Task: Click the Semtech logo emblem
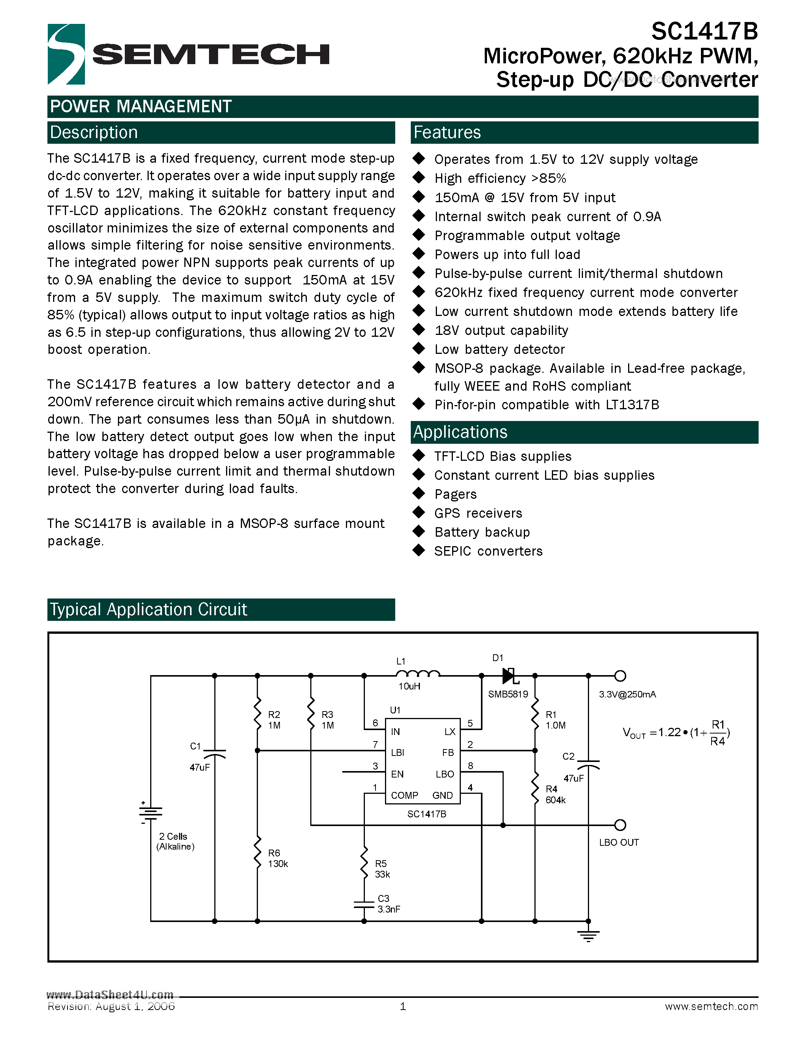coord(66,54)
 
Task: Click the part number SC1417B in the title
coord(704,32)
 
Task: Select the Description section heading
coord(94,132)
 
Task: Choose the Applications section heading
coord(460,432)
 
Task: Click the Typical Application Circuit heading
coord(149,609)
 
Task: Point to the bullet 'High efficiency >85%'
coord(500,178)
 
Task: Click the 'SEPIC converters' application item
coord(488,551)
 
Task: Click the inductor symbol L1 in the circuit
coord(418,674)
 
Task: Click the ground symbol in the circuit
coord(588,936)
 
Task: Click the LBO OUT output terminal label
coord(619,842)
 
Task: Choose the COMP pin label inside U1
coord(404,795)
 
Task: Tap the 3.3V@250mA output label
coord(627,694)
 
